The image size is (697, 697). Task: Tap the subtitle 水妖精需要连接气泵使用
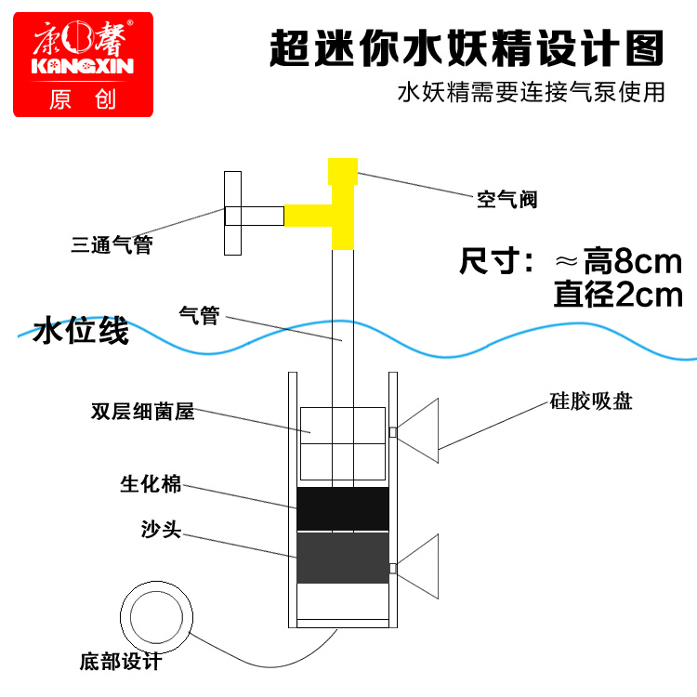tap(531, 94)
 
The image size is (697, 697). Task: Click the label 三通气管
tap(112, 246)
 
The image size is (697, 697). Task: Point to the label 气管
tap(198, 316)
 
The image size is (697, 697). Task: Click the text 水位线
tap(80, 332)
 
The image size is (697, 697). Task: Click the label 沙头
tap(160, 531)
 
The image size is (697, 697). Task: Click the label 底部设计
tap(120, 663)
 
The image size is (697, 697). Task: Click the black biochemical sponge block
tap(342, 509)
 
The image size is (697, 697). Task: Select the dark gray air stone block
tap(342, 558)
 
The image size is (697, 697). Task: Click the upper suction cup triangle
tap(419, 430)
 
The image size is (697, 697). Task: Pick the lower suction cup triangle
tap(419, 568)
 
